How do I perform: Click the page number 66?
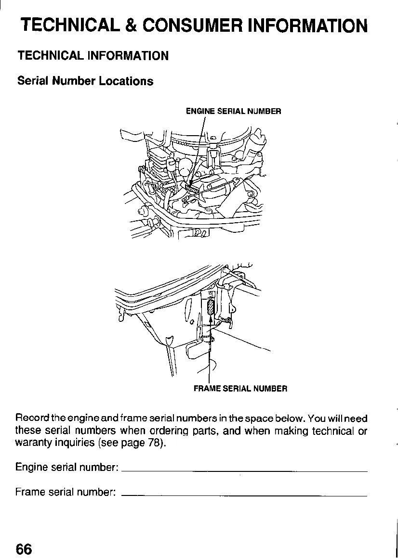(x=24, y=548)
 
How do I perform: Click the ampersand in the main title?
(x=129, y=25)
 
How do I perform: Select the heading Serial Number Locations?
(x=85, y=81)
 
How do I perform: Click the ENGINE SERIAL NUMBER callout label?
(x=233, y=112)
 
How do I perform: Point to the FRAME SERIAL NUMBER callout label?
(x=240, y=388)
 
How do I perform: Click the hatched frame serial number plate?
(x=210, y=307)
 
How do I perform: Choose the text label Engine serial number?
(x=67, y=468)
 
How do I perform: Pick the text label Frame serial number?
(x=65, y=492)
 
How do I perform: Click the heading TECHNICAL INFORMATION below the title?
(x=93, y=56)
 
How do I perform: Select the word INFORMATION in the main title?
(x=307, y=25)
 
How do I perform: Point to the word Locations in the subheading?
(x=126, y=81)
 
